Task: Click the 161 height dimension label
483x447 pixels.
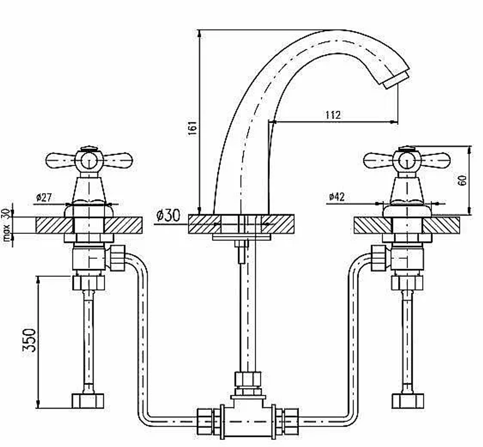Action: point(192,128)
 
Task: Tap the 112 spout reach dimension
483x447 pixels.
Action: point(333,115)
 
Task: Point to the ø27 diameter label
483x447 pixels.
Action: point(44,197)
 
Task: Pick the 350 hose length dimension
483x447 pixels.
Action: point(30,340)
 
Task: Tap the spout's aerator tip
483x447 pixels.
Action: point(396,80)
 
